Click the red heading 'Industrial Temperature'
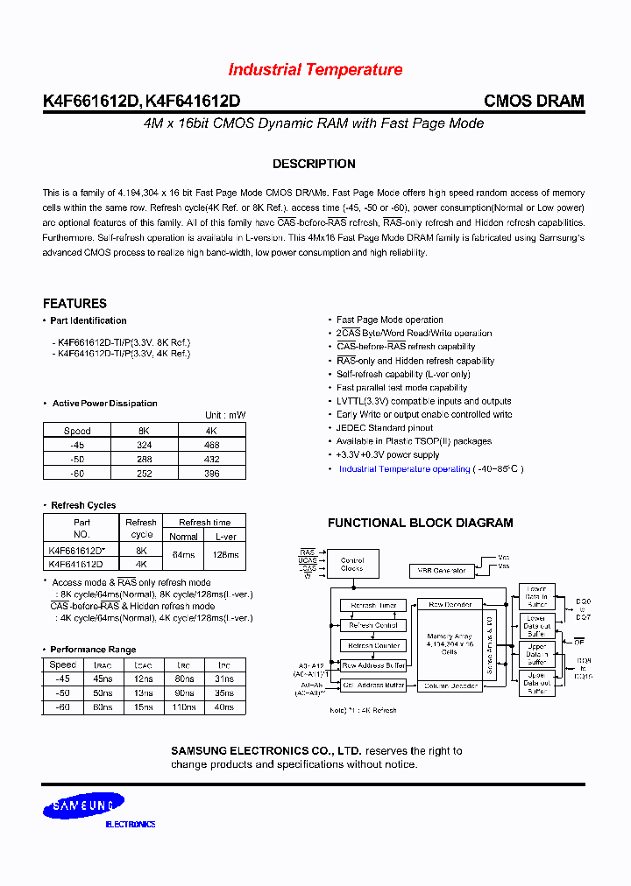315,70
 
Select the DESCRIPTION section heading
314,164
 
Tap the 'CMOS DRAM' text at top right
534,101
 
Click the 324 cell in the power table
145,445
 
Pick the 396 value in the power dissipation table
210,472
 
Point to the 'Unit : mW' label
225,415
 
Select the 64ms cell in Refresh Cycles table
183,556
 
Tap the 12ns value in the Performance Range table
146,679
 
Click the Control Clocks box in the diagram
351,564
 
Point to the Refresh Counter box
374,645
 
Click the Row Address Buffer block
374,666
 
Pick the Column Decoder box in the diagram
450,686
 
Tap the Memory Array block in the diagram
450,643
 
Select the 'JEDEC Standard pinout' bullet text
384,428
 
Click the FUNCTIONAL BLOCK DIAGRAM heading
421,523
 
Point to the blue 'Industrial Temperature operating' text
404,469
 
